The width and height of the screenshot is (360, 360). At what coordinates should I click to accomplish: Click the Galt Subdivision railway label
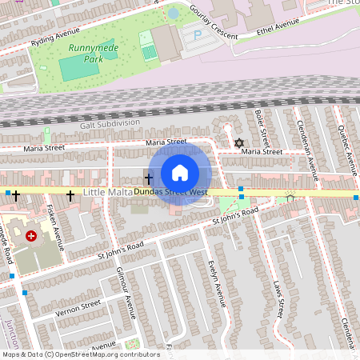click(x=109, y=123)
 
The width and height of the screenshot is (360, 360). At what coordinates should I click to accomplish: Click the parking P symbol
click(x=198, y=35)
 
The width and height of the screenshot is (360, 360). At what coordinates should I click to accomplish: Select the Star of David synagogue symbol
click(x=238, y=143)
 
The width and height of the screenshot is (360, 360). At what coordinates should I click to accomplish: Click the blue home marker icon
click(x=180, y=173)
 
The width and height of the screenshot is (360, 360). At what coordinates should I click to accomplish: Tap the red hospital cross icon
click(x=31, y=236)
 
